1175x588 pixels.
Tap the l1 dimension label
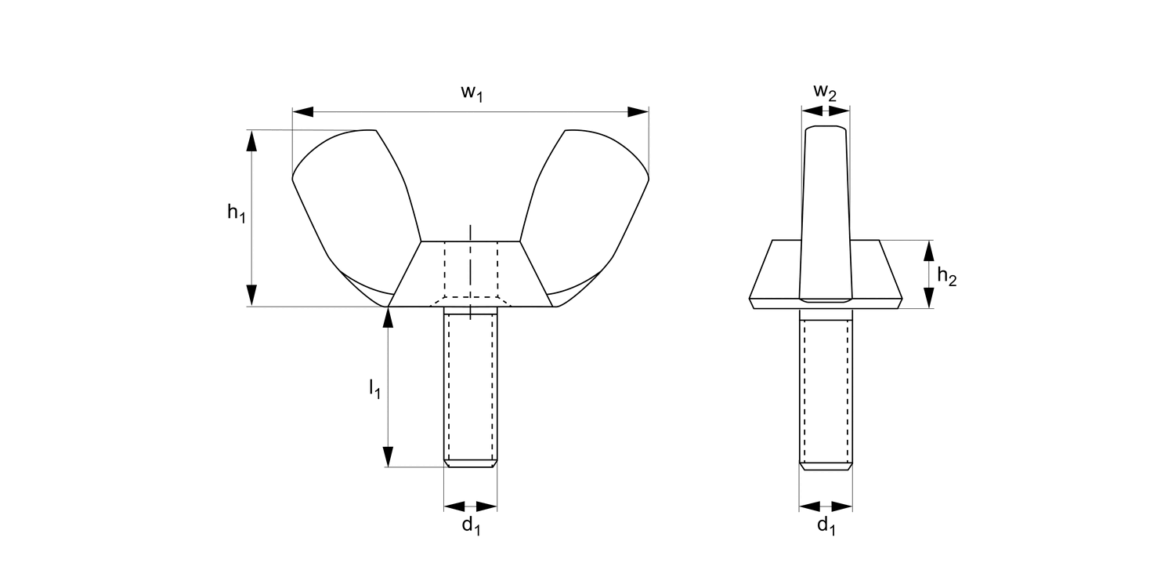click(x=374, y=388)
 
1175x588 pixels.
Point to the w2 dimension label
click(x=825, y=93)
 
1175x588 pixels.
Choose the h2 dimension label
click(x=947, y=276)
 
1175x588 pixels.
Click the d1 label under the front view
click(x=471, y=525)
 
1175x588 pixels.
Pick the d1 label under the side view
click(x=826, y=525)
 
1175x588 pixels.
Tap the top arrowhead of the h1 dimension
click(x=251, y=140)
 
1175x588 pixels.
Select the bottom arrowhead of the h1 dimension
click(x=251, y=296)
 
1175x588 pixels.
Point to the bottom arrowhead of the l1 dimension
click(x=388, y=457)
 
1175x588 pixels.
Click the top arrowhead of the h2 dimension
click(x=929, y=250)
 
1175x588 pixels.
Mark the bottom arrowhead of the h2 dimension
click(x=929, y=298)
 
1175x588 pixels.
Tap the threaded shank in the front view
click(x=471, y=384)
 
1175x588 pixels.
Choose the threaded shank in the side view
click(x=826, y=384)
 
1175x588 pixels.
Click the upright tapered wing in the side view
click(x=826, y=204)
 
